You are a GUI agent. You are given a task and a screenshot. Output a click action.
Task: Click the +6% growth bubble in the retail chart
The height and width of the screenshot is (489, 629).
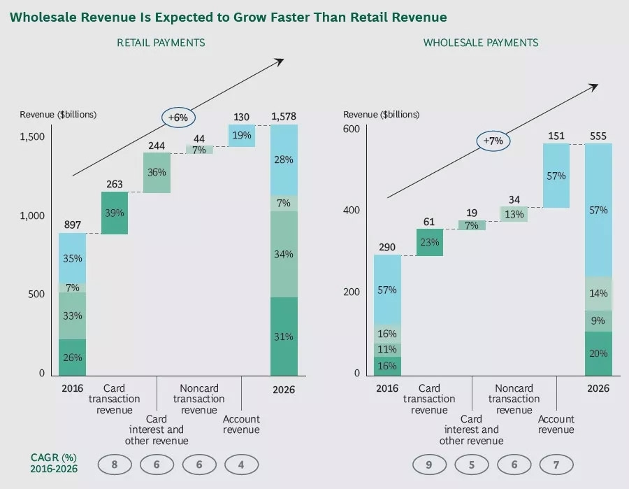(x=178, y=118)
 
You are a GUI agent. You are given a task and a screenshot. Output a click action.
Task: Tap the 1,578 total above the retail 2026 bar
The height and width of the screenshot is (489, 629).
(x=283, y=116)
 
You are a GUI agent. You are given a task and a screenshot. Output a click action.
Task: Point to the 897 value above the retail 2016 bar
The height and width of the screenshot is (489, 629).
(x=72, y=225)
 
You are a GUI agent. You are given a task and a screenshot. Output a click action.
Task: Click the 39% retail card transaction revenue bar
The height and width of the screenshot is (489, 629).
(x=115, y=213)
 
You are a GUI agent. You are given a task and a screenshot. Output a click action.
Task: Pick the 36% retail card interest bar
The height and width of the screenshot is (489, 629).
(x=157, y=173)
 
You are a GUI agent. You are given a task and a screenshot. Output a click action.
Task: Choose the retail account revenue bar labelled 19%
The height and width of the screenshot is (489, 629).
(x=241, y=136)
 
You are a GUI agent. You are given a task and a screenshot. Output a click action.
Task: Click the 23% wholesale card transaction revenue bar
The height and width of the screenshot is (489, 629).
(x=429, y=243)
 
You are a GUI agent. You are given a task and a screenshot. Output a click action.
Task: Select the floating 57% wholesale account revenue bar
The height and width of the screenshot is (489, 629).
(x=556, y=176)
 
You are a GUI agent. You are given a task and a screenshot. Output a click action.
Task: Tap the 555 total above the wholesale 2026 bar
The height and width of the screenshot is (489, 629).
(x=598, y=135)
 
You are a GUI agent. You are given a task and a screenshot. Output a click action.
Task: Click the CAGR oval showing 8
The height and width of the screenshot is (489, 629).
(x=115, y=464)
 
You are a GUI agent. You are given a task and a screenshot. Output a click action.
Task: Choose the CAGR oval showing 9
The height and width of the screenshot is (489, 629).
(x=429, y=464)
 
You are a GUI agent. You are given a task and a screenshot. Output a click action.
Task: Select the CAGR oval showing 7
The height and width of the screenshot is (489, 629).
(x=556, y=464)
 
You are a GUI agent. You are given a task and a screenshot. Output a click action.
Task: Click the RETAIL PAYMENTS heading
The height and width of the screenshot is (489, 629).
(x=161, y=43)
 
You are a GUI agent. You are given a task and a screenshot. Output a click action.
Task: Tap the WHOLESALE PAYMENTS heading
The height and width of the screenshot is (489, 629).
(x=481, y=43)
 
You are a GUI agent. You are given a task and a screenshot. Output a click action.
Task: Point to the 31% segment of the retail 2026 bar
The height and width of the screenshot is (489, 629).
(x=283, y=336)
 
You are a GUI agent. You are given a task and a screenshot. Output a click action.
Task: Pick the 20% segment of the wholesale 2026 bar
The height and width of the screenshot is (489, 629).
(x=598, y=353)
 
